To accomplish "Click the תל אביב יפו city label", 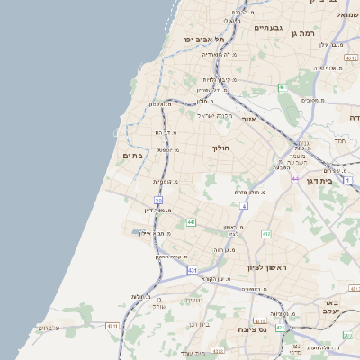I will coord(202,40).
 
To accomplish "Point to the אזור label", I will coord(250,119).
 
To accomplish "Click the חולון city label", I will coord(221,148).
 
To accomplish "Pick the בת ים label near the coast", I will coord(132,156).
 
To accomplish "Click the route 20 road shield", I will coord(158,200).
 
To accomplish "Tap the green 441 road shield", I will coord(191,221).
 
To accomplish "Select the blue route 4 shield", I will coord(244,206).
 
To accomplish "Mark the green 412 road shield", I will coord(266,234).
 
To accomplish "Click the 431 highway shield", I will coord(193,269).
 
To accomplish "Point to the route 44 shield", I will coord(294,179).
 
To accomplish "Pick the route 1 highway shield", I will coord(348,181).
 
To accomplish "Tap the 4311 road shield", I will coord(112,325).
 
